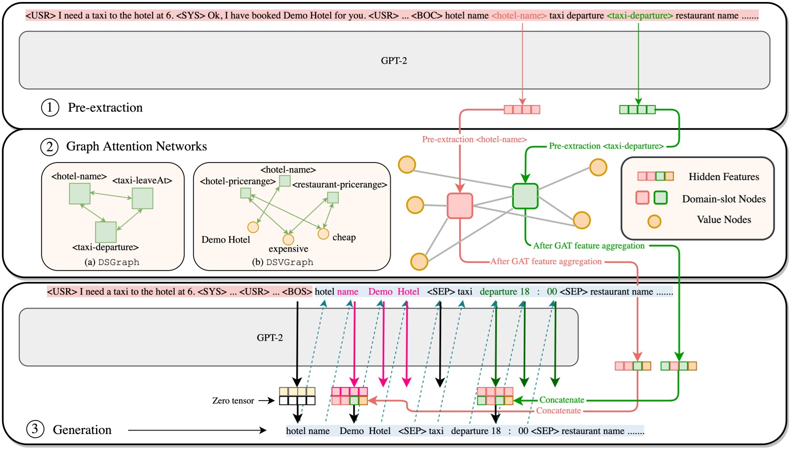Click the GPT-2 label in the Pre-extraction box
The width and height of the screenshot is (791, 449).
[394, 60]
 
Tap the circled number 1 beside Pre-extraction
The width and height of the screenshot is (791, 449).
[50, 107]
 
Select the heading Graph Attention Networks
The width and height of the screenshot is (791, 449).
[136, 146]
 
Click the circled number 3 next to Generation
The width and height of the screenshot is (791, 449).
[35, 429]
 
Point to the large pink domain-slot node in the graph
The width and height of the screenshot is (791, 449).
[460, 206]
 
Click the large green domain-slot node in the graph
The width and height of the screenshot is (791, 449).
[525, 196]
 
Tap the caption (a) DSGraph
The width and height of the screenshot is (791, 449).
[112, 262]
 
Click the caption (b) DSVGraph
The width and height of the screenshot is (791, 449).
[283, 262]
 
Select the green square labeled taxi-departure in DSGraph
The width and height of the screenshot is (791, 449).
[106, 232]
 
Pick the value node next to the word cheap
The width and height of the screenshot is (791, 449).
[323, 233]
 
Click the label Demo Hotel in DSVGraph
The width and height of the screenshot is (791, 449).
[226, 239]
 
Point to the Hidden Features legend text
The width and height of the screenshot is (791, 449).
[723, 176]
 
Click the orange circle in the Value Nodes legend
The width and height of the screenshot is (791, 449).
[654, 221]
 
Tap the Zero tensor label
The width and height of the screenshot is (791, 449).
[233, 400]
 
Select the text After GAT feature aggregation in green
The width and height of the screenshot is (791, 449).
[588, 245]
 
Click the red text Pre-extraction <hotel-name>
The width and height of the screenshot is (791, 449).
[474, 139]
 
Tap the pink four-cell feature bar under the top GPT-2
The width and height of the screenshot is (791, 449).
[522, 109]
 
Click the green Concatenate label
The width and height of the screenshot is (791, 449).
[561, 400]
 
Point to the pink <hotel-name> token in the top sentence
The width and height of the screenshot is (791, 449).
[519, 15]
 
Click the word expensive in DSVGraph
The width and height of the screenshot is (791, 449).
[288, 248]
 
